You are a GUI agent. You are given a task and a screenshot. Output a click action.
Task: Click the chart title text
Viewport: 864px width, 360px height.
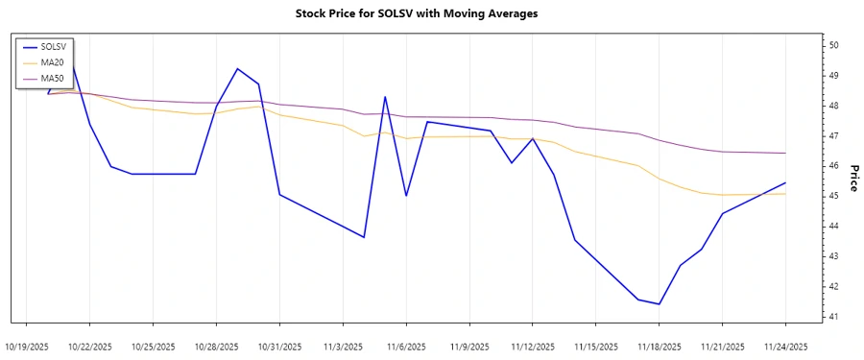[x=431, y=14]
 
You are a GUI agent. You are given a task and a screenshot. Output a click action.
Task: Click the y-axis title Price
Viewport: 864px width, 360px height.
[x=852, y=178]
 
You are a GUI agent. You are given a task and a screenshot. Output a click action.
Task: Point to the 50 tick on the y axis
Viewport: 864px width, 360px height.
[x=834, y=45]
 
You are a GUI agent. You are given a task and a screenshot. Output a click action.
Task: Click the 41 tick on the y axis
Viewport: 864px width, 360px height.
[x=834, y=317]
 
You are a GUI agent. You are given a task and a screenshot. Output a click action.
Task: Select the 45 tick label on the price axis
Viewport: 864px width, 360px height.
[x=834, y=196]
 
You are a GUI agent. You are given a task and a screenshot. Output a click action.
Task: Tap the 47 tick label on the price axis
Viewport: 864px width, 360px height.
[x=834, y=135]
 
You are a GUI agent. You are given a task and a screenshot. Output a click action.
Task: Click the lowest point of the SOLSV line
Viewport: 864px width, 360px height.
[x=660, y=304]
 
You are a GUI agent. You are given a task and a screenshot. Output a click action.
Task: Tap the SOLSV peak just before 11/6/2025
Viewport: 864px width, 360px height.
[x=385, y=96]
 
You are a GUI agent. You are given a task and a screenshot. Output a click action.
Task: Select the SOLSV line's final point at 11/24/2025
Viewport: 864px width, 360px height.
[x=786, y=182]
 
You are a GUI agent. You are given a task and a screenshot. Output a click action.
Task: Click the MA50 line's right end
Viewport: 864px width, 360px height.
[x=786, y=153]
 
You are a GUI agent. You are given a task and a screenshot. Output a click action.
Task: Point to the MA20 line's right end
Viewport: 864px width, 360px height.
[x=786, y=194]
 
